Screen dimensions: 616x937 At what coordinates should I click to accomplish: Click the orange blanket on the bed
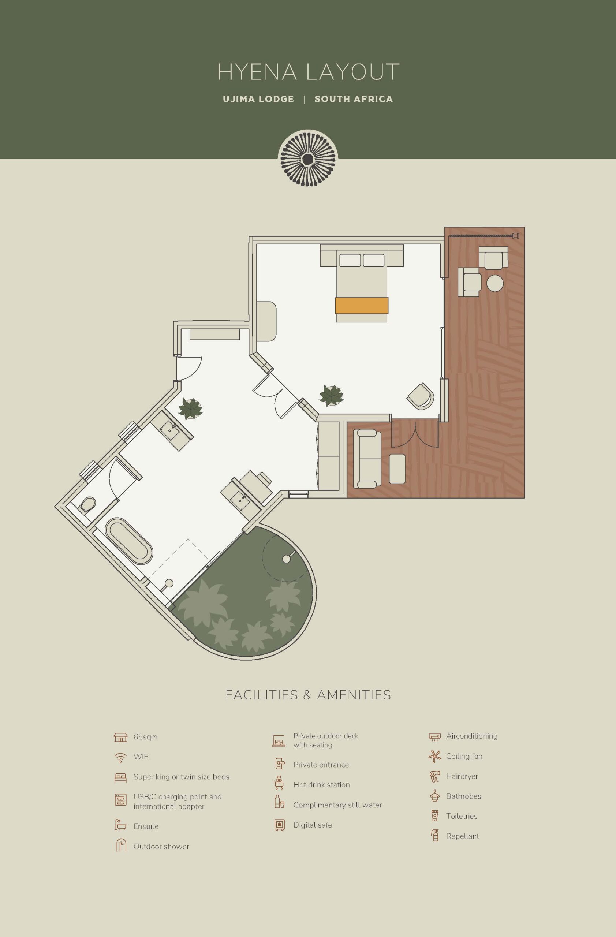coord(361,306)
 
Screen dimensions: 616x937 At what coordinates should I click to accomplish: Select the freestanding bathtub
coord(129,541)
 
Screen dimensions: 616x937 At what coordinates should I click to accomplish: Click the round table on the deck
coord(495,283)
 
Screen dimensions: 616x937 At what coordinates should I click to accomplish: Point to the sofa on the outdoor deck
coord(367,459)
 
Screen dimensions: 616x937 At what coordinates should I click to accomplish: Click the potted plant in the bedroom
coord(331,395)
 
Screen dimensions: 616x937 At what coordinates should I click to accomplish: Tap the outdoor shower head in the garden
coord(287,558)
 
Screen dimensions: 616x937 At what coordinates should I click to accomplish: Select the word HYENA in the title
coord(257,72)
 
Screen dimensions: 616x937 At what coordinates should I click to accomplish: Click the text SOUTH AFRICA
coord(354,99)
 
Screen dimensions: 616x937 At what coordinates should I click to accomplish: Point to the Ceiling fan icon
coord(434,756)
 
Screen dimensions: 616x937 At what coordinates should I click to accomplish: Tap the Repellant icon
coord(435,835)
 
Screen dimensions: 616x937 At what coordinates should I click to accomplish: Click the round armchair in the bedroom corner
coord(421,396)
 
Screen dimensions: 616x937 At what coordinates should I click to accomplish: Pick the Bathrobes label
coord(464,796)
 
